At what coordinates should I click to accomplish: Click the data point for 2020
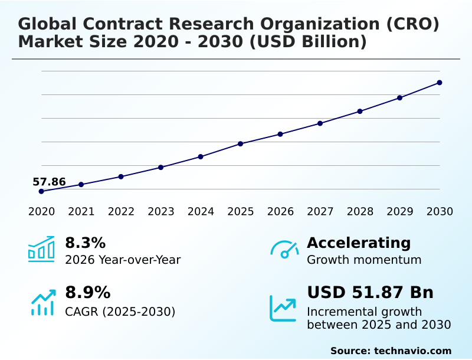(x=41, y=191)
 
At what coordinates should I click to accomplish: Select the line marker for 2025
(x=241, y=143)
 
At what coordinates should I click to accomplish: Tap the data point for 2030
(x=440, y=83)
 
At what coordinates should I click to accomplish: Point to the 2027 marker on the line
(x=320, y=123)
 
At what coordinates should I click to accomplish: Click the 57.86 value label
(x=49, y=182)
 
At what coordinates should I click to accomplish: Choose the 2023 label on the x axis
(x=161, y=211)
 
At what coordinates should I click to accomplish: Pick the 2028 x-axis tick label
(x=360, y=211)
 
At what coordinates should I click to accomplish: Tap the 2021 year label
(x=81, y=211)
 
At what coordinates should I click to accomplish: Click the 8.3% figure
(x=85, y=243)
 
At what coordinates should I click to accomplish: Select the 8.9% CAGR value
(x=87, y=292)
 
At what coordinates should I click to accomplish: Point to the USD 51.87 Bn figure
(x=370, y=292)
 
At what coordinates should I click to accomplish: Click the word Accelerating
(x=359, y=243)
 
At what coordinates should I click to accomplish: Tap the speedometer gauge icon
(x=284, y=249)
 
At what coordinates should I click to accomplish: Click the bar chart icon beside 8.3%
(x=41, y=249)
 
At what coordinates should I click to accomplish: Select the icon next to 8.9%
(x=42, y=302)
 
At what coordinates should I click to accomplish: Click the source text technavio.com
(x=412, y=351)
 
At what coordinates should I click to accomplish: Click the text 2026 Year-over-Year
(x=123, y=260)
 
